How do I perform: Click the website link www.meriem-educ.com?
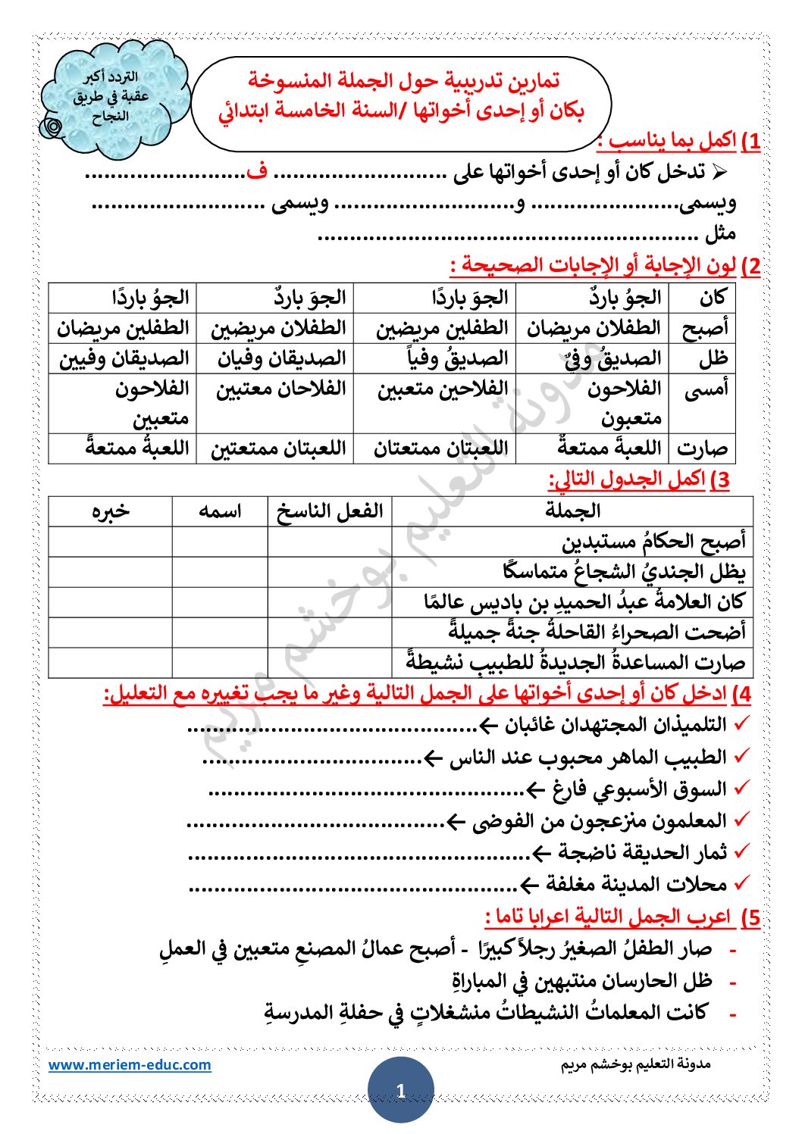(130, 1064)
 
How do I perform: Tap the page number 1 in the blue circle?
(400, 1091)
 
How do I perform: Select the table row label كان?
(712, 298)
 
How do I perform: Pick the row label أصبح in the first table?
(704, 328)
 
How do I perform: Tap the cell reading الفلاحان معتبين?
(280, 389)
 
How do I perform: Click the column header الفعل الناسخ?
(330, 512)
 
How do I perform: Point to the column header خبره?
(111, 512)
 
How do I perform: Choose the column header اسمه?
(220, 512)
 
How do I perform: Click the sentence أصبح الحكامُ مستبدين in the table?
(653, 542)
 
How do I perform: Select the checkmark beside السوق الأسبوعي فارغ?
(742, 789)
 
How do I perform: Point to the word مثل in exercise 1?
(719, 234)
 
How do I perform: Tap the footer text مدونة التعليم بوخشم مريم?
(635, 1064)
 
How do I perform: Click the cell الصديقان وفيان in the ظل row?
(280, 358)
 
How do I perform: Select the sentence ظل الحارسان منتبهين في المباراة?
(582, 981)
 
